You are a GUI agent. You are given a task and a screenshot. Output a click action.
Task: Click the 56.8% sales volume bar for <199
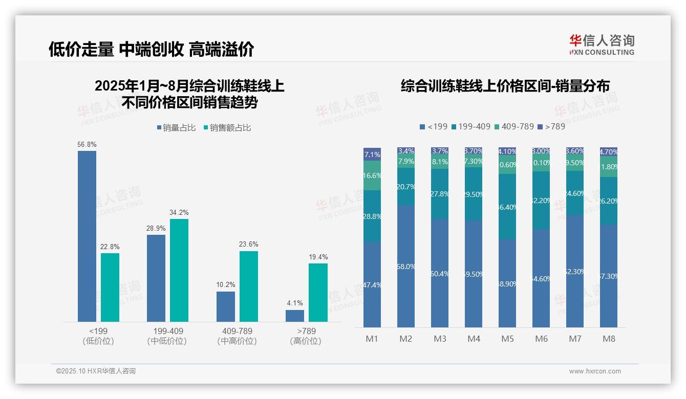tap(87, 236)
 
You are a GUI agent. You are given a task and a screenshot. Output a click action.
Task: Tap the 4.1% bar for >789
tap(295, 316)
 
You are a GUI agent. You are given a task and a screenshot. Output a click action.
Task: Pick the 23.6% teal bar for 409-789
tap(249, 286)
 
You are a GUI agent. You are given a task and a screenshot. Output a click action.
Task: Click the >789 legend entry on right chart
tap(551, 126)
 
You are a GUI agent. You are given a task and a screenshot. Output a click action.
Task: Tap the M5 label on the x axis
tap(507, 339)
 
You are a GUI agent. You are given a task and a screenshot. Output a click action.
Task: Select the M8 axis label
tap(609, 339)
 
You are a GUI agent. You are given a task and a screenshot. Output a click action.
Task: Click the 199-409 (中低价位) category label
tap(168, 336)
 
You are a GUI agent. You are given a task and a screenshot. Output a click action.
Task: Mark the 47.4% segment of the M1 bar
tap(372, 284)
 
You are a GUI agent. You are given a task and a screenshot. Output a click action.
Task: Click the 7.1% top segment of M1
tap(372, 154)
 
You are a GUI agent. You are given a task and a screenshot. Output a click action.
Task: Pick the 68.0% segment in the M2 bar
tap(406, 266)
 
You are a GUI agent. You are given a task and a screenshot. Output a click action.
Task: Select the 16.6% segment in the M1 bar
tap(372, 175)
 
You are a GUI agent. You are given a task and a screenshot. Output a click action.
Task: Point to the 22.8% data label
tap(110, 247)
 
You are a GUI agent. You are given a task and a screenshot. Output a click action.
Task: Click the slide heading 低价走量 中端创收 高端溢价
tap(151, 49)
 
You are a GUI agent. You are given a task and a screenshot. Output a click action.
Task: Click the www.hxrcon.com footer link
tap(595, 371)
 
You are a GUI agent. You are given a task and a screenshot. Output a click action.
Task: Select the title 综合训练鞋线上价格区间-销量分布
tap(505, 86)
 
